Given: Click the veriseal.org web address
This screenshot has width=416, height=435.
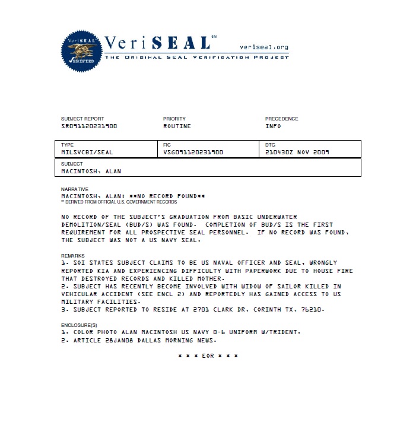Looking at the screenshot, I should click(x=263, y=47).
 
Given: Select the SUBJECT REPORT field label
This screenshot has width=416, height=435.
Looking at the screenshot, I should click(x=82, y=119).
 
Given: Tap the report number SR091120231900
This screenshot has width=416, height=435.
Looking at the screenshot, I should click(x=89, y=126).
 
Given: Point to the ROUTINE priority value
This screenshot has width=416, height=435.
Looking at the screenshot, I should click(x=177, y=126).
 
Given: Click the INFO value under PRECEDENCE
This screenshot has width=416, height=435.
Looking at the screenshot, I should click(x=273, y=126).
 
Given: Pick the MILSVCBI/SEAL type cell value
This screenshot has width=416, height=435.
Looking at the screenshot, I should click(x=87, y=152).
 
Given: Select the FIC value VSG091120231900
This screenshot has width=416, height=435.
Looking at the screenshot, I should click(x=193, y=152).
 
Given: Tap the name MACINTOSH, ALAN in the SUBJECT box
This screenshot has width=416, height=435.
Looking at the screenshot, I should click(x=91, y=171).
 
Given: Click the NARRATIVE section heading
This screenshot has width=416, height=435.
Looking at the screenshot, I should click(x=74, y=189).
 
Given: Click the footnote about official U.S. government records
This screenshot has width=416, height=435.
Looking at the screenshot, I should click(x=110, y=202).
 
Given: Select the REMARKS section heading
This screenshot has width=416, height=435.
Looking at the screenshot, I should click(x=73, y=256).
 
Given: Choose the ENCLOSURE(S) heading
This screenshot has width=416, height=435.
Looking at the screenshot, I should click(x=80, y=326).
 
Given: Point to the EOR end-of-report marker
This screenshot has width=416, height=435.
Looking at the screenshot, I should click(x=208, y=355).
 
